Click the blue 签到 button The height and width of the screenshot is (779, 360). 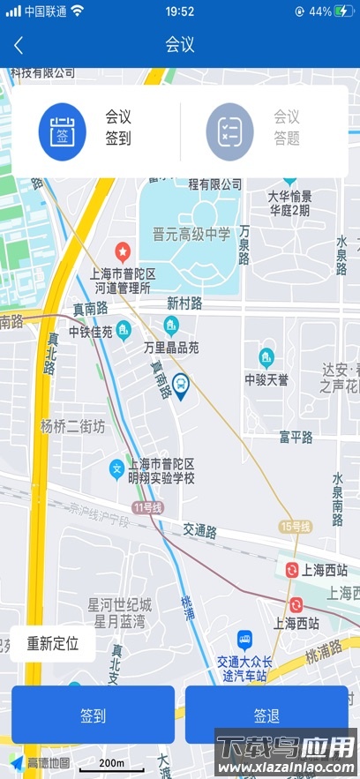pyautogui.click(x=93, y=715)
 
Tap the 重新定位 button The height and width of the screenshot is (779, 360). pyautogui.click(x=53, y=643)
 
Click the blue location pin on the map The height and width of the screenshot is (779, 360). pyautogui.click(x=181, y=386)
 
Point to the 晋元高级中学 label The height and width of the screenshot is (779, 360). pyautogui.click(x=191, y=234)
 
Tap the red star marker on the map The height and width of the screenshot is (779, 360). pyautogui.click(x=124, y=251)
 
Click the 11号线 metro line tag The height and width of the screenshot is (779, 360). pyautogui.click(x=147, y=507)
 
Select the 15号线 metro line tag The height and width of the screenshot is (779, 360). pyautogui.click(x=296, y=527)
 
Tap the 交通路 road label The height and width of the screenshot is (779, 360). pyautogui.click(x=200, y=530)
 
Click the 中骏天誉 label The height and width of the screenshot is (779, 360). pyautogui.click(x=267, y=379)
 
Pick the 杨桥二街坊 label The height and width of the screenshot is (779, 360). pyautogui.click(x=72, y=426)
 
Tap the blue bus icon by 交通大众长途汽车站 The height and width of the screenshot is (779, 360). pyautogui.click(x=245, y=638)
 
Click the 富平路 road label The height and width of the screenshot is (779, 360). pyautogui.click(x=296, y=437)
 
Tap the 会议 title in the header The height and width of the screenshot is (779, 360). pyautogui.click(x=180, y=45)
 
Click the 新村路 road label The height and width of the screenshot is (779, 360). pyautogui.click(x=184, y=303)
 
